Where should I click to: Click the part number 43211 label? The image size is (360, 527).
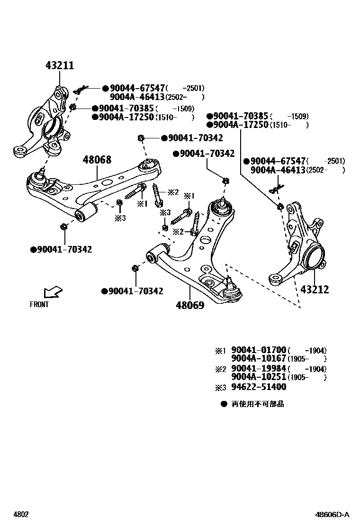click(60, 66)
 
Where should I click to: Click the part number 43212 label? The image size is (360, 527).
click(314, 290)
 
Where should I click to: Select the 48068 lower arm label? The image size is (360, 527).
click(97, 160)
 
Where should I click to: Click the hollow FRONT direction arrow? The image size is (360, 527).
click(52, 292)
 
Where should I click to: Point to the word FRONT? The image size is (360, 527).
click(39, 305)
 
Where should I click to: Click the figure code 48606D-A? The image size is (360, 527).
click(333, 514)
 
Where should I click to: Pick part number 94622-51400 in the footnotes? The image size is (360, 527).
click(259, 387)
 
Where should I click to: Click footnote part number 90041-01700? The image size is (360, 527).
click(259, 350)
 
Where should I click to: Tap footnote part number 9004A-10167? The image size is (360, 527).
click(259, 359)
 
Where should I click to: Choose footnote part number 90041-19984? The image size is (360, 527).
click(259, 369)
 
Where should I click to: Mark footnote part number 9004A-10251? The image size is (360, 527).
click(259, 377)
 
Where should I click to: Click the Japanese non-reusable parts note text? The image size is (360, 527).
click(258, 404)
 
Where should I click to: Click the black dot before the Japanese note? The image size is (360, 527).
click(223, 404)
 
